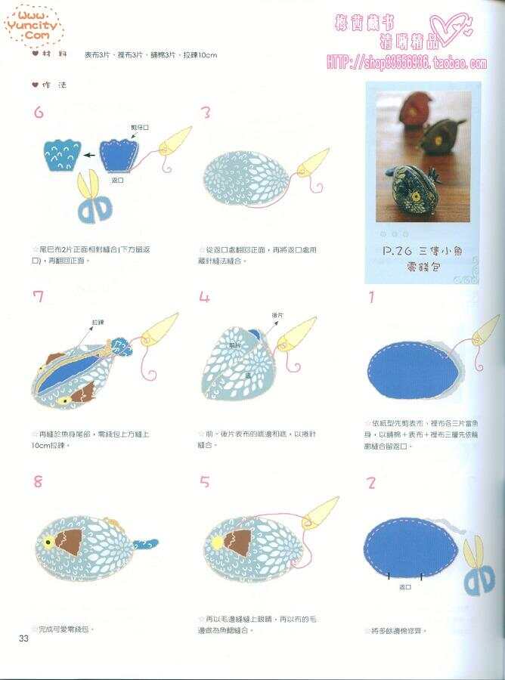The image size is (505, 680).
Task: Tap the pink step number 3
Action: (x=205, y=113)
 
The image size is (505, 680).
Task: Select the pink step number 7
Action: (x=39, y=296)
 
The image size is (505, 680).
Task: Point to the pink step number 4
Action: (x=205, y=297)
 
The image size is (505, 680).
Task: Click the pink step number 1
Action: (x=370, y=297)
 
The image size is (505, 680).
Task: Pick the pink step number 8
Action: (x=38, y=481)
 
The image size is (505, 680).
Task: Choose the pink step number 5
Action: (x=205, y=481)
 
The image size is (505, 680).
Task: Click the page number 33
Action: (x=23, y=639)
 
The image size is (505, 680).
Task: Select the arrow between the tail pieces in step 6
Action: (x=89, y=155)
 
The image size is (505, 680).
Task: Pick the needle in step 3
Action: (x=313, y=162)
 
